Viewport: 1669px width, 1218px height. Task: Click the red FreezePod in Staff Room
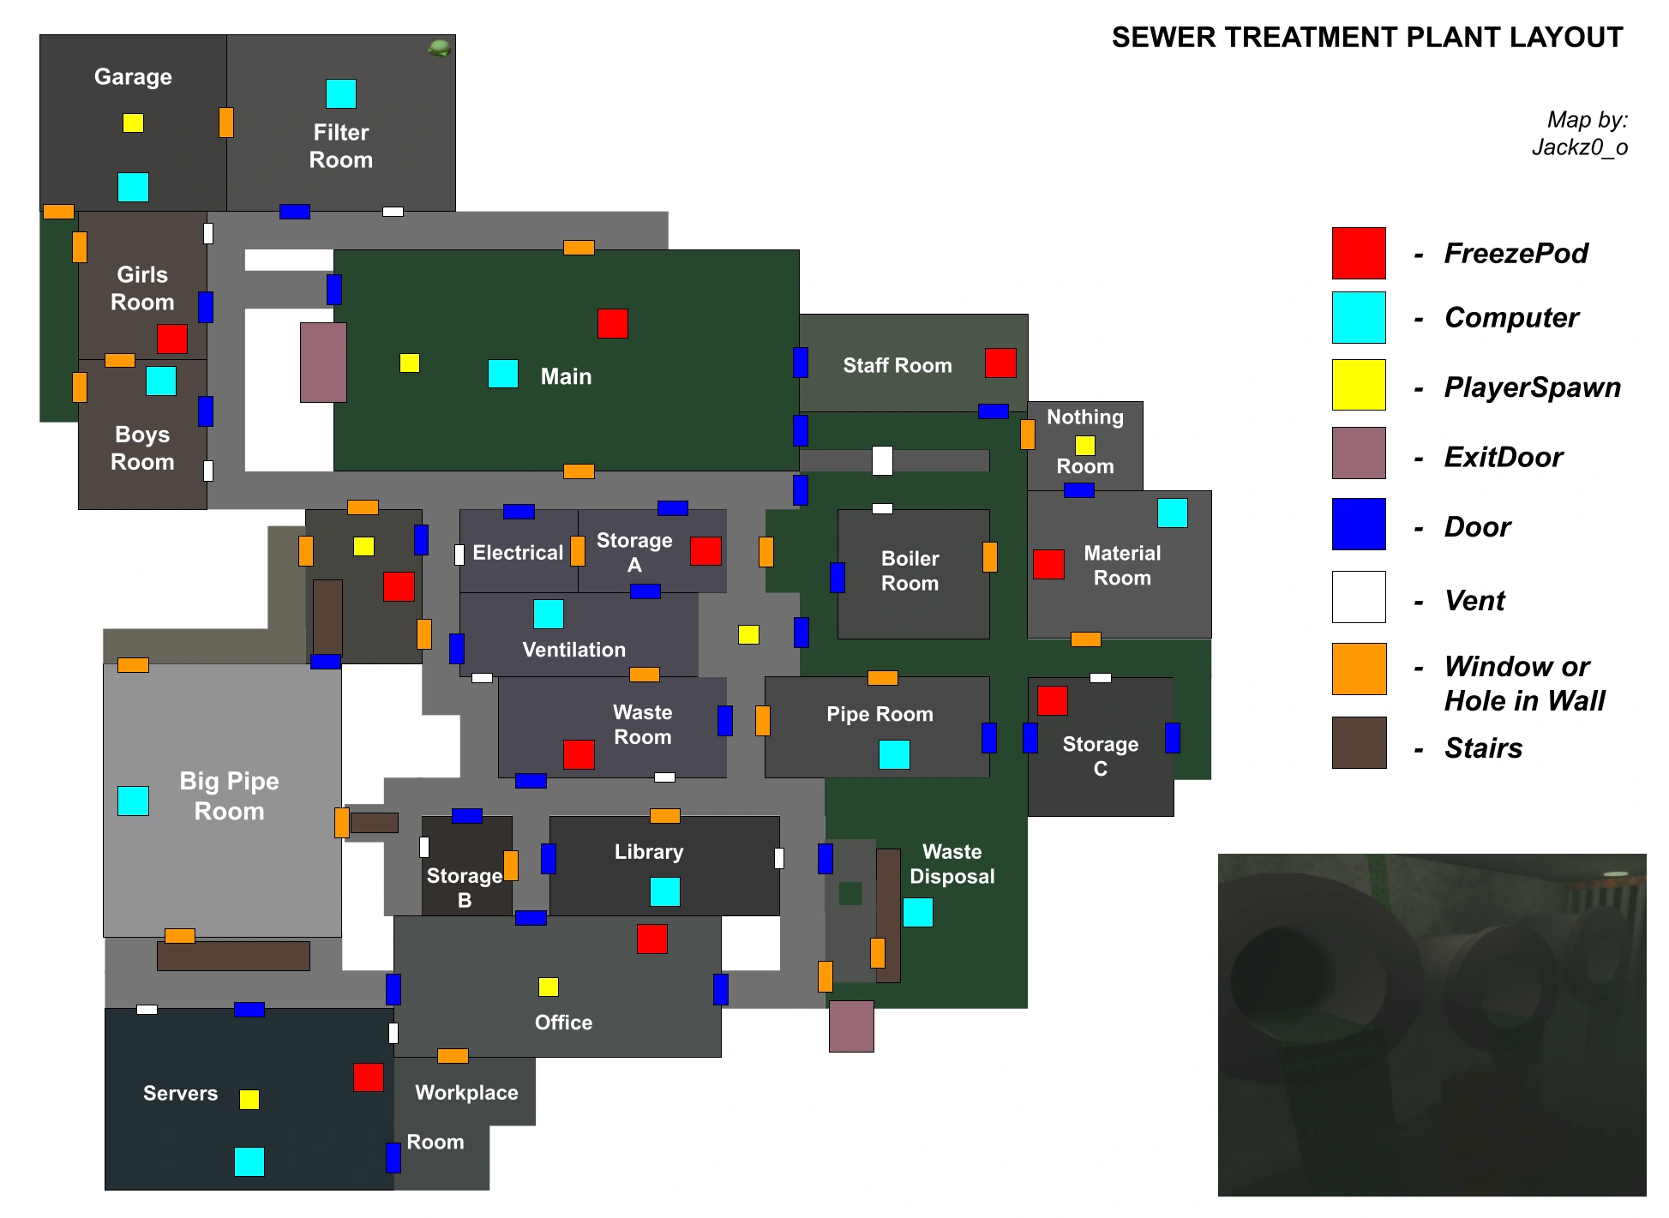pyautogui.click(x=1000, y=363)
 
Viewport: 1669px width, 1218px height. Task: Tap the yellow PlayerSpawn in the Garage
pyautogui.click(x=133, y=123)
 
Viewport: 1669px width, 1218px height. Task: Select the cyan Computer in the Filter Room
pyautogui.click(x=340, y=93)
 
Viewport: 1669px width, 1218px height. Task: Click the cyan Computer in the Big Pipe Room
pyautogui.click(x=133, y=801)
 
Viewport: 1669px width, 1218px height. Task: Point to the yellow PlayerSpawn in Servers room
pyautogui.click(x=249, y=1100)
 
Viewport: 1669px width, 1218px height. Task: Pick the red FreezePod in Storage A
pyautogui.click(x=705, y=550)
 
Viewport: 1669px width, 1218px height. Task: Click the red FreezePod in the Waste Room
pyautogui.click(x=579, y=754)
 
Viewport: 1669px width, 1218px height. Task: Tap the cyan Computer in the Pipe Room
pyautogui.click(x=894, y=754)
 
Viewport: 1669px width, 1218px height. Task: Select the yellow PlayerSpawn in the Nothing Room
pyautogui.click(x=1085, y=445)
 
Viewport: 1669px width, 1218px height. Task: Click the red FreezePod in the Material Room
pyautogui.click(x=1048, y=564)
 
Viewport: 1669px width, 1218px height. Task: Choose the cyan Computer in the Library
pyautogui.click(x=665, y=891)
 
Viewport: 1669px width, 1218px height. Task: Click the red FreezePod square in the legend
pyautogui.click(x=1359, y=253)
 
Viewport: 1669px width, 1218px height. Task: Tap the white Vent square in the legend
pyautogui.click(x=1359, y=597)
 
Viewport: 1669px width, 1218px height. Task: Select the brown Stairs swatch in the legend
pyautogui.click(x=1359, y=742)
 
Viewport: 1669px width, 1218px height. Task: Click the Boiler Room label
pyautogui.click(x=910, y=571)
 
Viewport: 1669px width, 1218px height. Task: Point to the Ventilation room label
pyautogui.click(x=573, y=650)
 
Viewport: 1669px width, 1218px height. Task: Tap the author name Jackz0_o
pyautogui.click(x=1579, y=147)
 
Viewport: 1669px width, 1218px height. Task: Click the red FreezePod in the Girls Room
pyautogui.click(x=172, y=339)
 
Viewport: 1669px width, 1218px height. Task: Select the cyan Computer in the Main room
pyautogui.click(x=503, y=374)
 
